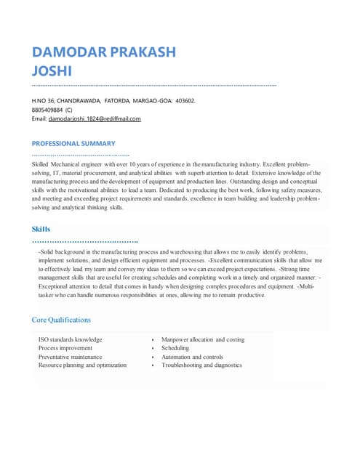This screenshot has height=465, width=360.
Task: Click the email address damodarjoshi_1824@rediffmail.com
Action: click(x=95, y=118)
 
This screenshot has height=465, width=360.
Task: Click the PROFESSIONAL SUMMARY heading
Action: click(x=73, y=144)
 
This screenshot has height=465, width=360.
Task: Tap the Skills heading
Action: click(x=41, y=230)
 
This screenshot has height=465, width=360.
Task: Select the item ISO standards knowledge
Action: click(x=70, y=339)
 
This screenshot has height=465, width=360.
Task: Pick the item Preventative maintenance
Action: click(x=70, y=357)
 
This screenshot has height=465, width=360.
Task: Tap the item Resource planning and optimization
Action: click(x=82, y=365)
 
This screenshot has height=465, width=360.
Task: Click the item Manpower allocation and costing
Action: click(x=203, y=339)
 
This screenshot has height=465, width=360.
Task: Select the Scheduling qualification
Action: click(x=175, y=348)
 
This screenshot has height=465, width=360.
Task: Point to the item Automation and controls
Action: click(x=192, y=357)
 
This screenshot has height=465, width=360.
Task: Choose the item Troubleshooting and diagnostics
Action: click(x=201, y=365)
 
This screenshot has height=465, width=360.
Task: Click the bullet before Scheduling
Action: click(x=152, y=349)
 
